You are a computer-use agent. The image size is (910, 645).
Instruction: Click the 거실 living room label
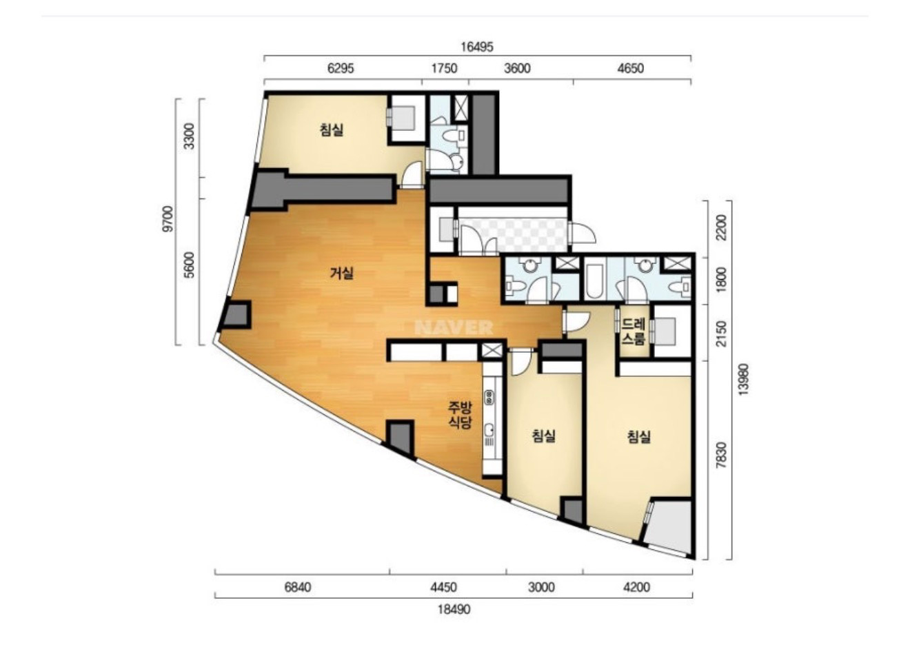click(x=341, y=273)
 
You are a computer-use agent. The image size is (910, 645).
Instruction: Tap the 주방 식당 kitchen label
click(x=460, y=415)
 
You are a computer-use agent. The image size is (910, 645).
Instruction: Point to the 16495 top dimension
click(x=477, y=47)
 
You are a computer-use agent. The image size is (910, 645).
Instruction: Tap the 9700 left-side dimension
click(x=168, y=218)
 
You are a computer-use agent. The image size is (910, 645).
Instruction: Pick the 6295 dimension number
click(x=341, y=68)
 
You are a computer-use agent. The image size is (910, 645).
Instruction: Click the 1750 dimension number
click(x=444, y=68)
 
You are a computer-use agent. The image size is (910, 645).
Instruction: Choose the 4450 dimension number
click(x=443, y=587)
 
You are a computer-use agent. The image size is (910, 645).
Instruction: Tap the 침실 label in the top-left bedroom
click(x=331, y=130)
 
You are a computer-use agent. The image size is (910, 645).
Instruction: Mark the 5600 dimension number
click(x=190, y=265)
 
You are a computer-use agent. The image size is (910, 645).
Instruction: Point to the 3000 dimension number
click(x=541, y=587)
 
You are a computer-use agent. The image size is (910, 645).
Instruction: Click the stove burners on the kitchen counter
click(x=489, y=396)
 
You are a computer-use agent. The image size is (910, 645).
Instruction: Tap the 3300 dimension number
click(x=190, y=136)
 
